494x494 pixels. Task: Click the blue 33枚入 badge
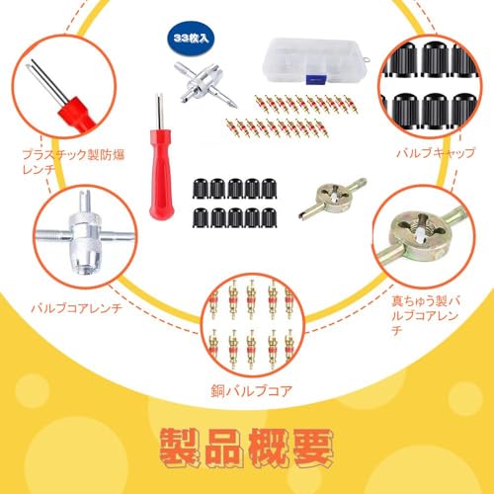191,39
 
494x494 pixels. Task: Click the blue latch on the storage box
316,80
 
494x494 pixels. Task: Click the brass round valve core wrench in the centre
333,199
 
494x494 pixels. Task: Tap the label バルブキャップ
435,153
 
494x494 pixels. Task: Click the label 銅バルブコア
252,391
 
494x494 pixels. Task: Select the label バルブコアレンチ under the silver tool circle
76,308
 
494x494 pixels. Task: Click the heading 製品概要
247,448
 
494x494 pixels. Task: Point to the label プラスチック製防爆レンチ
73,162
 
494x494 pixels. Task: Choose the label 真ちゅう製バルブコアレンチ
425,315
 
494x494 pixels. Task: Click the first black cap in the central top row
201,189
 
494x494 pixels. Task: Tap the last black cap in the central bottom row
269,217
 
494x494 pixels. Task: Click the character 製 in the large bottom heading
180,448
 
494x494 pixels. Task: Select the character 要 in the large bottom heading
313,448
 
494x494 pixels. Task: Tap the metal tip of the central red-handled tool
159,112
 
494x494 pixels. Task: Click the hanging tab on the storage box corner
368,59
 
